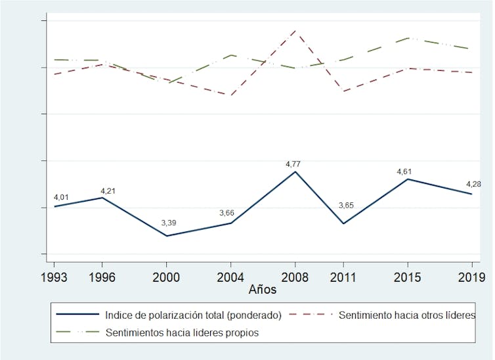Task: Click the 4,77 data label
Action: [293, 164]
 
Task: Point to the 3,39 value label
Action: [169, 223]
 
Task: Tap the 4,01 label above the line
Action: [61, 197]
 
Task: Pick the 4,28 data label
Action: [472, 184]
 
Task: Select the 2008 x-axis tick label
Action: [295, 277]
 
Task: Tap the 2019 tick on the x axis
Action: [471, 277]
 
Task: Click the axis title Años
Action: [262, 289]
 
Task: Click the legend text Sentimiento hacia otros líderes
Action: [407, 315]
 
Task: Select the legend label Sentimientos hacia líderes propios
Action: [183, 332]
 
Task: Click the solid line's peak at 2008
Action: [295, 172]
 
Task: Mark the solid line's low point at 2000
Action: [167, 236]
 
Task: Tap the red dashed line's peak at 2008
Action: [295, 31]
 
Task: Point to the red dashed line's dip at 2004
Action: [231, 95]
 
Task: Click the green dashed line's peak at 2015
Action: [408, 38]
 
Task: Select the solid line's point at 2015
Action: [408, 179]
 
